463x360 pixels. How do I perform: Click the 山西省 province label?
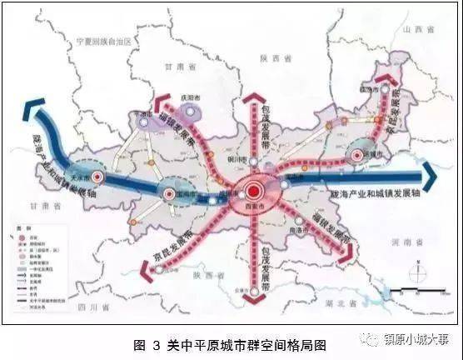point(413,29)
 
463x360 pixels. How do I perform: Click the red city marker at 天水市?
point(97,177)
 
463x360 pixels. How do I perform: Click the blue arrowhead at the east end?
point(431,175)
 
